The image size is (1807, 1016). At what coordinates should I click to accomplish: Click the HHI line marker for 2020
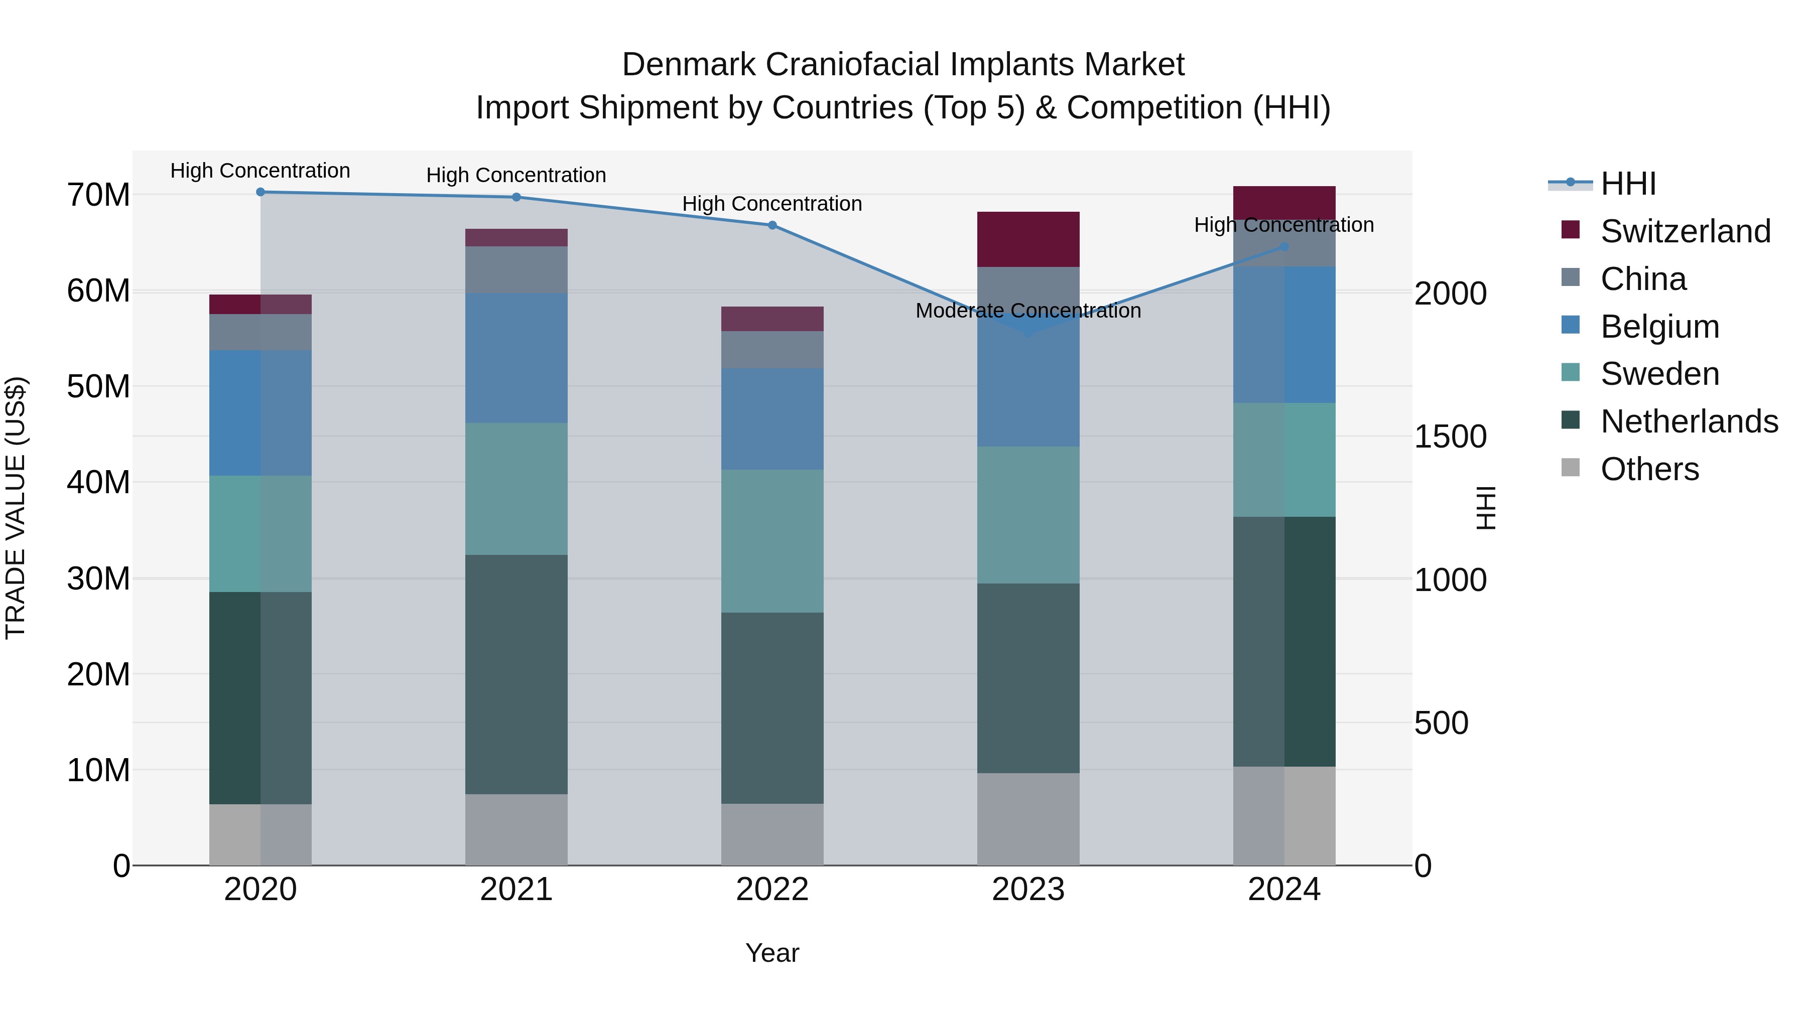pos(260,192)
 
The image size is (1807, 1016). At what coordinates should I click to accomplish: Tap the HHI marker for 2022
pos(772,225)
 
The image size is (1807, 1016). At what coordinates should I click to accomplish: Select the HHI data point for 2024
pos(1284,247)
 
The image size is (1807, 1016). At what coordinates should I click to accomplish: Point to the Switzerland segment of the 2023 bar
pos(1028,239)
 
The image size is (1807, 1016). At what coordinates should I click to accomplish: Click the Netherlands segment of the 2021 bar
pos(517,674)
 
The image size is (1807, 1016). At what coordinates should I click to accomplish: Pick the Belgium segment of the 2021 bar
pos(517,358)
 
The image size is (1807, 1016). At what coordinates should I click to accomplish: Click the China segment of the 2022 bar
pos(772,349)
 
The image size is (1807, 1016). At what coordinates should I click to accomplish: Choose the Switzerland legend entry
pos(1685,231)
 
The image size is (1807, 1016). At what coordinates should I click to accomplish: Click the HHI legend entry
pos(1627,184)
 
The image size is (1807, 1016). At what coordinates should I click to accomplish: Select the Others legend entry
pos(1649,469)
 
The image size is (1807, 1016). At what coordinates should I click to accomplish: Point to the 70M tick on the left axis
pos(98,195)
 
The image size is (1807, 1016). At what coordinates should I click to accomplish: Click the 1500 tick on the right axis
pos(1450,437)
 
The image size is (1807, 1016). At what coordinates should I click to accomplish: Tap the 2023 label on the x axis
pos(1028,890)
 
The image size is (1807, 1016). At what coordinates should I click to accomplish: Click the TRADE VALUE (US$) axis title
pos(16,508)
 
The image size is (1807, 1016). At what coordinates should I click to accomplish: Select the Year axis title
pos(772,953)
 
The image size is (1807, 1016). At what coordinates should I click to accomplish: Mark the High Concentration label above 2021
pos(517,175)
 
